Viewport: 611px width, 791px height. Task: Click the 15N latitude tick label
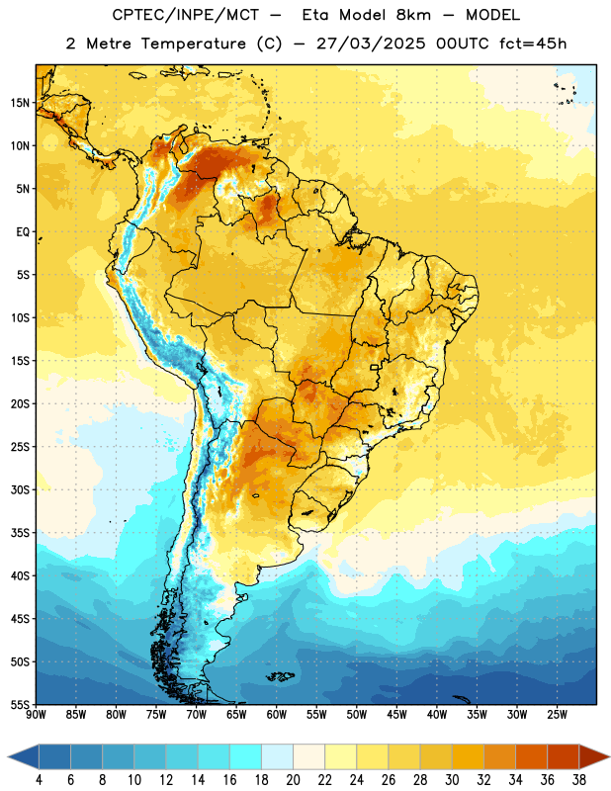(20, 103)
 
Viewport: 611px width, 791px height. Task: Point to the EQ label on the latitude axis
(23, 232)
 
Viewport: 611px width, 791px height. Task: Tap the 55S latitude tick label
(20, 704)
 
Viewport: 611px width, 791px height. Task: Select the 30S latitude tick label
(20, 489)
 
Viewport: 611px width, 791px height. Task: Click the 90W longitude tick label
(36, 714)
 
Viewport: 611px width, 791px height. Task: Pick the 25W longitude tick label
(557, 714)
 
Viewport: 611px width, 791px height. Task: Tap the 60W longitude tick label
(277, 714)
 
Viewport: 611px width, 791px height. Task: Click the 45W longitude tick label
(396, 714)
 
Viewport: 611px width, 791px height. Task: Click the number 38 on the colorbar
(579, 780)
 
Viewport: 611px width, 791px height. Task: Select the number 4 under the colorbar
(39, 780)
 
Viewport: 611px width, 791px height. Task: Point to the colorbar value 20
(293, 780)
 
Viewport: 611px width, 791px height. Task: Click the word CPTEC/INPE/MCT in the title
(185, 15)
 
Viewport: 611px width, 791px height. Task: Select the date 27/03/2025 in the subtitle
(371, 44)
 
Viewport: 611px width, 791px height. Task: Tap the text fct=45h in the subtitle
(533, 44)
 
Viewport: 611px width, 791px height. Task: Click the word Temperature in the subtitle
(193, 44)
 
